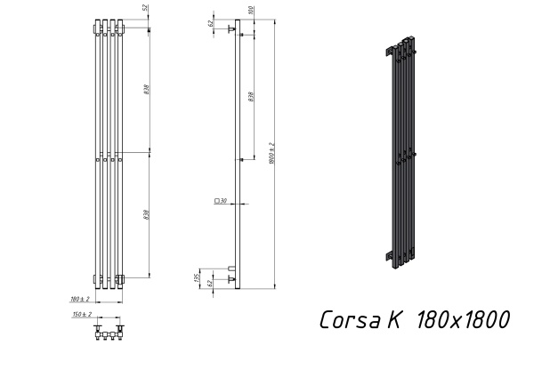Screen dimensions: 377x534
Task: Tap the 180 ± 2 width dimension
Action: (81, 298)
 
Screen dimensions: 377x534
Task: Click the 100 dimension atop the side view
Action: (251, 11)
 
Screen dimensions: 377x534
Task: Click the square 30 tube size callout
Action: (221, 202)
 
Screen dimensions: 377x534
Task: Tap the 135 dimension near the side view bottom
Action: (198, 277)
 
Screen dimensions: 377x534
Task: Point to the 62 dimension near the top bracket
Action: (211, 24)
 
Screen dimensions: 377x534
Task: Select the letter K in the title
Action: (393, 320)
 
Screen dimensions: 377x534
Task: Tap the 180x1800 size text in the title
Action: (463, 320)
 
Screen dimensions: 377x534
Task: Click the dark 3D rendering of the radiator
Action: (398, 151)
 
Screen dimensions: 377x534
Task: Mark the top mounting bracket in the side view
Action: (231, 29)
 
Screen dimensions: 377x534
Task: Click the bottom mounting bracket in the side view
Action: (231, 278)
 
